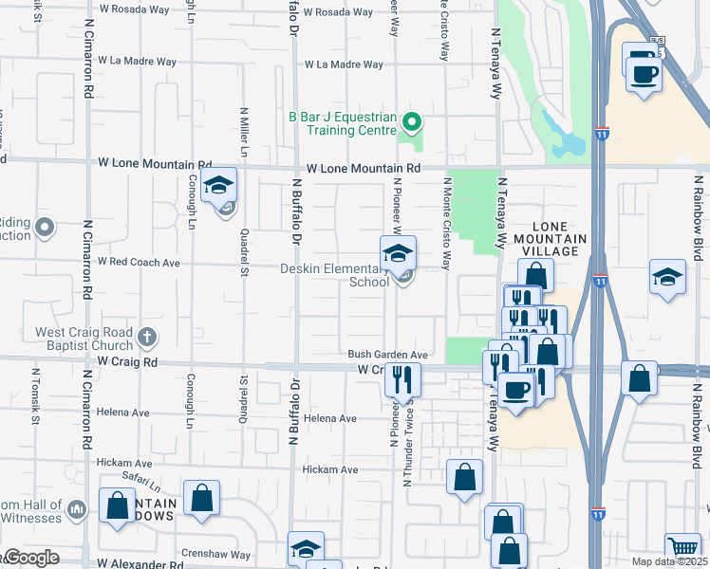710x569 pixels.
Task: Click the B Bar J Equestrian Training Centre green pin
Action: tap(412, 122)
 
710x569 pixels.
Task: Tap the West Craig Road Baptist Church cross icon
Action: tap(146, 336)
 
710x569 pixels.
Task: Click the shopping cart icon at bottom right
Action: tap(682, 547)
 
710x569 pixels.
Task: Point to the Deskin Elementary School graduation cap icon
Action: tap(398, 253)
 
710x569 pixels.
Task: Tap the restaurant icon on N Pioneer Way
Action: tap(402, 379)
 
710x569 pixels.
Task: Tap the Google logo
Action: tap(32, 558)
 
